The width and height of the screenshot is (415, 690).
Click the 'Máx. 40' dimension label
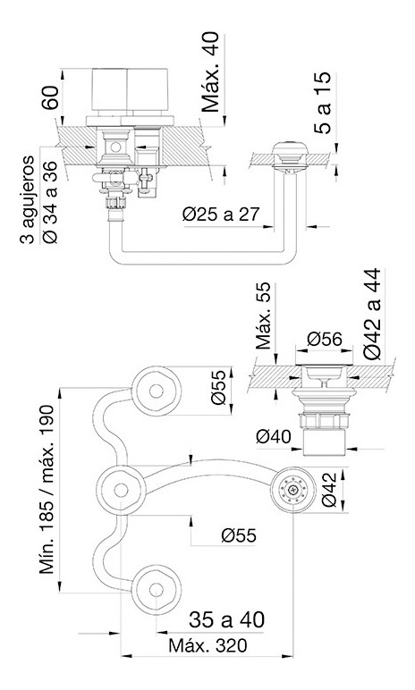tap(210, 72)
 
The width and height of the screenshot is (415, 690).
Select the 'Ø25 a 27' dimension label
tap(221, 215)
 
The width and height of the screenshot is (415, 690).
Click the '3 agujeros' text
tap(28, 199)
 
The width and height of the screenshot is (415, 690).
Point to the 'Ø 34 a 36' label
tap(50, 202)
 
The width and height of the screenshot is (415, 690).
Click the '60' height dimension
tap(50, 97)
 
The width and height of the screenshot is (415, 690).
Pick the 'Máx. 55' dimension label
tap(264, 316)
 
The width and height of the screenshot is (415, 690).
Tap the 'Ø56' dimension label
tap(325, 339)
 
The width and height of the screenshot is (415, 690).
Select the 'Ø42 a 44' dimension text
tap(372, 315)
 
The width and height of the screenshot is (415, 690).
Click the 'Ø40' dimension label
tap(274, 436)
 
